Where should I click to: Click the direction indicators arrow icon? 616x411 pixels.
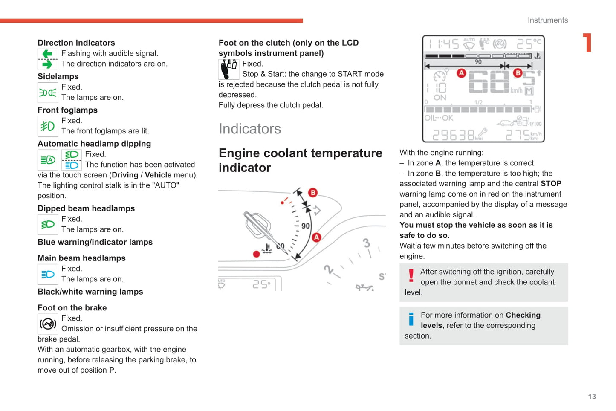(x=48, y=59)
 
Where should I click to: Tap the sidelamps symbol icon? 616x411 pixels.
(x=48, y=93)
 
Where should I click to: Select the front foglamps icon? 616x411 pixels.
(x=48, y=126)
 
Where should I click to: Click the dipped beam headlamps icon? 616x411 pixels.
(x=48, y=224)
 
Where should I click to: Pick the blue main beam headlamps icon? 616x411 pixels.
(x=48, y=274)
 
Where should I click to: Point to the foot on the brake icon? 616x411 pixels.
(x=48, y=324)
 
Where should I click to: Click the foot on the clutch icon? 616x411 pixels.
(x=229, y=69)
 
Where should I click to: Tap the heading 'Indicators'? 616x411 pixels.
(x=250, y=129)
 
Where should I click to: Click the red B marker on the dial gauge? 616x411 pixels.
(x=313, y=193)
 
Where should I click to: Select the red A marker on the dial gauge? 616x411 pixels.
(x=316, y=237)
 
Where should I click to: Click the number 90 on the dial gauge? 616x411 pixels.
(x=306, y=226)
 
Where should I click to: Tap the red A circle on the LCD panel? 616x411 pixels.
(x=461, y=73)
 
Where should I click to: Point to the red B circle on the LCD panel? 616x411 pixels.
(x=518, y=73)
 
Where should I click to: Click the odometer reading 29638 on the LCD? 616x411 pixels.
(x=453, y=135)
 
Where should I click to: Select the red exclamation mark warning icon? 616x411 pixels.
(x=411, y=275)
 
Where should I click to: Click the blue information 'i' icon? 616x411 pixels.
(x=411, y=319)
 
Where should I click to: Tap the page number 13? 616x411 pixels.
(x=592, y=397)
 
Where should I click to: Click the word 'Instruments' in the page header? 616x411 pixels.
(x=547, y=20)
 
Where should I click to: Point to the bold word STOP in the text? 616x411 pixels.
(x=551, y=184)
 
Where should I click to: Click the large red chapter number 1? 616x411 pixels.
(x=588, y=43)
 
